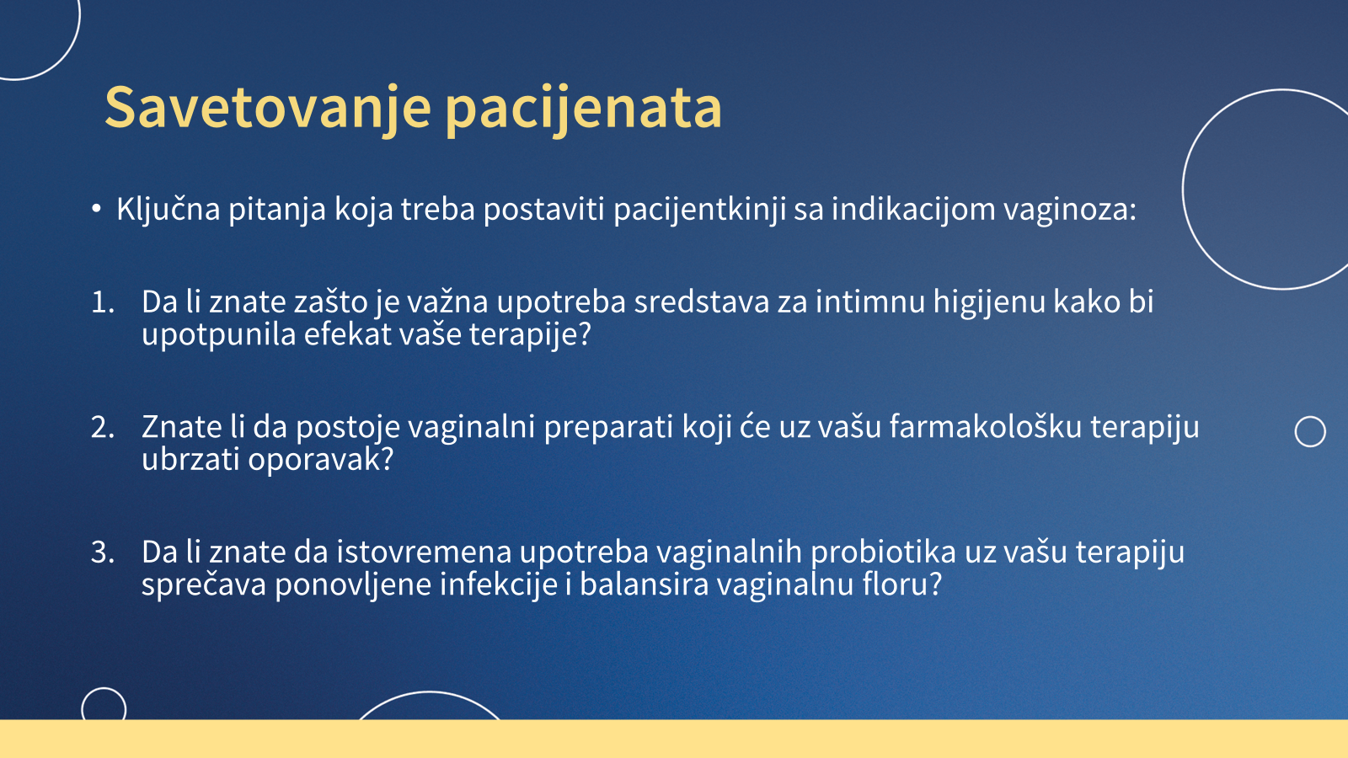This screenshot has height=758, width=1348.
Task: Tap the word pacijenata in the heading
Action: click(x=584, y=109)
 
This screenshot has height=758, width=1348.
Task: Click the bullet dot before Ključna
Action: click(x=96, y=209)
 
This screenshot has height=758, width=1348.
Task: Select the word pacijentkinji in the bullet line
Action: click(x=699, y=210)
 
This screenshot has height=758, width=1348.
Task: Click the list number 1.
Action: click(x=103, y=302)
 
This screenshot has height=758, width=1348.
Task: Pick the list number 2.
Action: click(x=103, y=428)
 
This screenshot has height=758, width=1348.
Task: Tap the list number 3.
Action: click(x=103, y=552)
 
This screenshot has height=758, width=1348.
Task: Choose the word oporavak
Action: click(x=320, y=460)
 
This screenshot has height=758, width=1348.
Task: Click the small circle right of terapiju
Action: click(x=1310, y=417)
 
